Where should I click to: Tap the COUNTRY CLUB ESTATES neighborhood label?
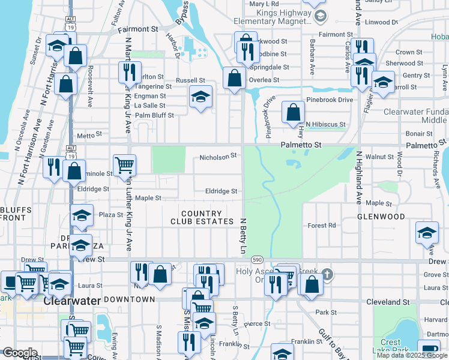(x=202, y=217)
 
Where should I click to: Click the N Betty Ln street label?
(x=244, y=235)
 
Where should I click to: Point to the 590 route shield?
(x=257, y=260)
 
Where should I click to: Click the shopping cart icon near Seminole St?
(x=124, y=164)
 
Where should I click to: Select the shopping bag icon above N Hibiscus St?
(x=292, y=112)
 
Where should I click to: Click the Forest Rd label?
(x=322, y=226)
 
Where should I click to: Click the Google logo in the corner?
(x=20, y=352)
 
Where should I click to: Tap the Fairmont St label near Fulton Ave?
(x=137, y=29)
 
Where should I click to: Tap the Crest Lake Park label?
(x=390, y=346)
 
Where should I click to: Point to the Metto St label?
(x=86, y=136)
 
